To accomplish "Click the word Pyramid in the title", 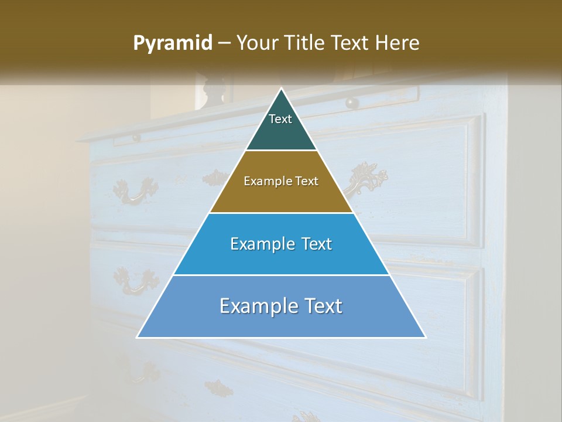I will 173,43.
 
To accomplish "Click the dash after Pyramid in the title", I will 224,43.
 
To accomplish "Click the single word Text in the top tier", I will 280,119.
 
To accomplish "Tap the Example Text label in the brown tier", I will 281,181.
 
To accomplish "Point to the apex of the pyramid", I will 282,89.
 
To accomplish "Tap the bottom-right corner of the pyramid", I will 425,337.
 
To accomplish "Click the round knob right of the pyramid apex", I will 351,103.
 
